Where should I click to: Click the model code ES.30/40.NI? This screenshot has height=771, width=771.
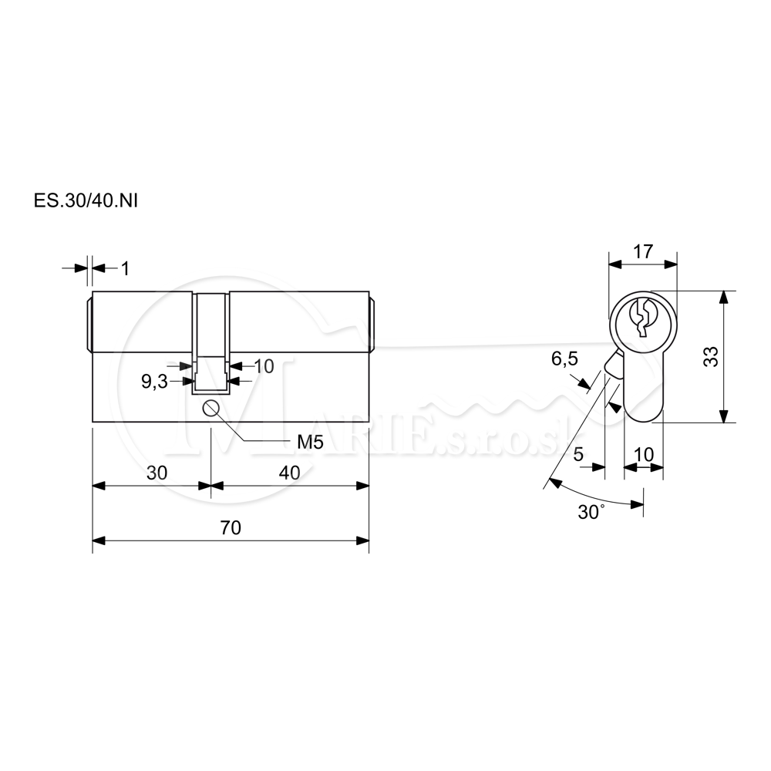pyautogui.click(x=86, y=201)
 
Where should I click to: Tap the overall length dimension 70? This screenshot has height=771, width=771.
pyautogui.click(x=231, y=527)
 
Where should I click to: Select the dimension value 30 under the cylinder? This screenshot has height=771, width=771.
pyautogui.click(x=157, y=473)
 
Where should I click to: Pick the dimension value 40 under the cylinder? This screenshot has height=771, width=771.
pyautogui.click(x=289, y=473)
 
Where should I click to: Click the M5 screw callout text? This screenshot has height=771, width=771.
pyautogui.click(x=310, y=443)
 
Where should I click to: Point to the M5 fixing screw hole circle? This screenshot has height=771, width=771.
pyautogui.click(x=210, y=409)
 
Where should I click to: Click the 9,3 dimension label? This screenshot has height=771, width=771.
pyautogui.click(x=154, y=382)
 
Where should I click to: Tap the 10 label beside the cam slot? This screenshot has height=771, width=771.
pyautogui.click(x=264, y=365)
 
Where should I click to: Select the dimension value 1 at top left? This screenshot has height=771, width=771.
pyautogui.click(x=126, y=268)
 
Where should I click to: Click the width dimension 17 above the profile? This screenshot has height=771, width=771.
pyautogui.click(x=643, y=251)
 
